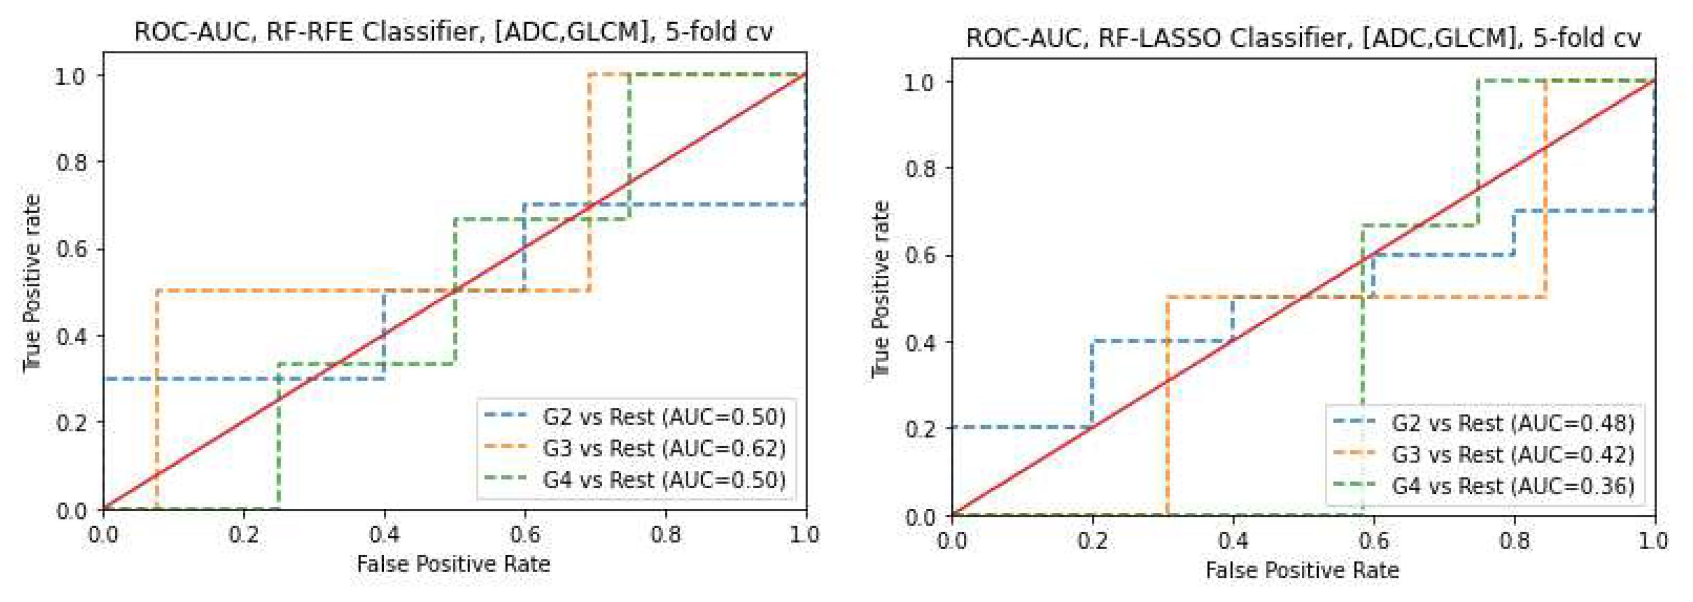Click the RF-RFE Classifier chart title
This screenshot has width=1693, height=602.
(453, 32)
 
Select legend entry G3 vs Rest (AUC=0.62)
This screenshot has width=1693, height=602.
(664, 448)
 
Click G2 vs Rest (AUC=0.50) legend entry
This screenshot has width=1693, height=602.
(664, 417)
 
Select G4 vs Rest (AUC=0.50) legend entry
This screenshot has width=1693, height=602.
(664, 480)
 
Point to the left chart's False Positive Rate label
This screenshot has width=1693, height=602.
(453, 564)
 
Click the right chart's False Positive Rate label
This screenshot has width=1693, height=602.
(1302, 570)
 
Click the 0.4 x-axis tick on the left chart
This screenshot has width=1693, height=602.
(384, 534)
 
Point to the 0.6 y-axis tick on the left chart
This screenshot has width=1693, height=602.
(72, 249)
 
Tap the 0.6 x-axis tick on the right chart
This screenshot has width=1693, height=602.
(1373, 540)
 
